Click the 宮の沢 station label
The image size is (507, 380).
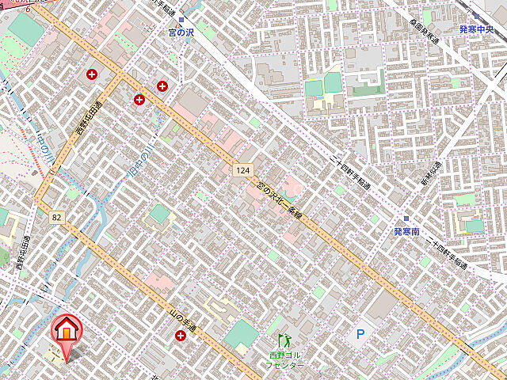pyautogui.click(x=181, y=33)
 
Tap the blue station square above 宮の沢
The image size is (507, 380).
pyautogui.click(x=181, y=20)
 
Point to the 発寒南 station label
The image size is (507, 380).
pyautogui.click(x=406, y=232)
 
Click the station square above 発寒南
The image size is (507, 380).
pyautogui.click(x=406, y=218)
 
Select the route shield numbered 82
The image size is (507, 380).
pyautogui.click(x=56, y=217)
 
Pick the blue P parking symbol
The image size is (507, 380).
pyautogui.click(x=360, y=335)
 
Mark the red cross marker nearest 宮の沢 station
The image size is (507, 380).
pyautogui.click(x=163, y=85)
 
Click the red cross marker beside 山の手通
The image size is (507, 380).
pyautogui.click(x=181, y=336)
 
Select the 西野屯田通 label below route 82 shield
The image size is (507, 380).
pyautogui.click(x=22, y=253)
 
